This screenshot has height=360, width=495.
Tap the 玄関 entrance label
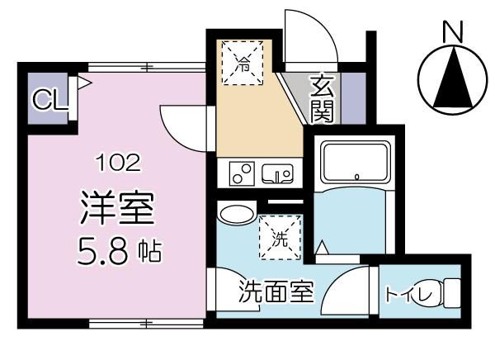322,97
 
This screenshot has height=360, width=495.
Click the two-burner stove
243,174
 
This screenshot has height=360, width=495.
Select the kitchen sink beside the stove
277,173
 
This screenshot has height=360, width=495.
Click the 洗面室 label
276,292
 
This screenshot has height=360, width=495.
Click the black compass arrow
451,81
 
